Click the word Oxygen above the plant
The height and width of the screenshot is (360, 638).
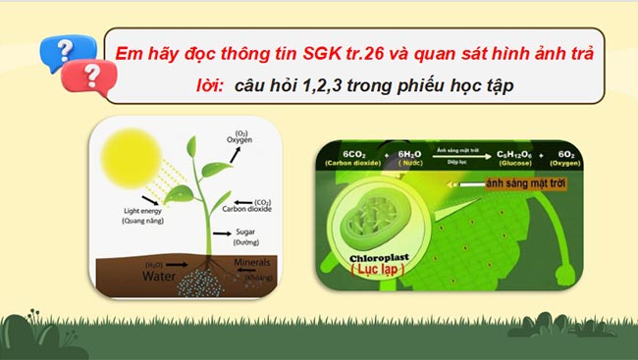[x=239, y=139]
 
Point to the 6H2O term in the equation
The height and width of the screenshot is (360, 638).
[x=408, y=155]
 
